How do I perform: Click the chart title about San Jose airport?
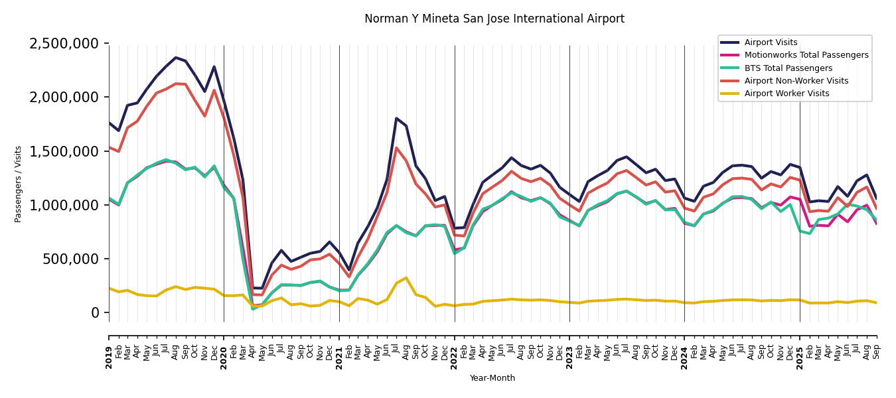pos(494,19)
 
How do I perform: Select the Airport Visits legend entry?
pos(771,42)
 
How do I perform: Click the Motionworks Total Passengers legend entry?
pos(806,55)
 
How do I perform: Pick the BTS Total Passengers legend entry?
pos(788,68)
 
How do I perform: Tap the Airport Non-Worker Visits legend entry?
pos(796,81)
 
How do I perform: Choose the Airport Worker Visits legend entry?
pos(786,94)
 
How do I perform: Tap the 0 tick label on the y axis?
pos(95,312)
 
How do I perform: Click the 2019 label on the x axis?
pos(109,348)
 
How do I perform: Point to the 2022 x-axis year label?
pos(455,348)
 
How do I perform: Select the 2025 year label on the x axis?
pos(800,348)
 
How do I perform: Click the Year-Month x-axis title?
pos(492,378)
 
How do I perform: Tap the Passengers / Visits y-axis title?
pos(19,184)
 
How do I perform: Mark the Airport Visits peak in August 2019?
pos(176,58)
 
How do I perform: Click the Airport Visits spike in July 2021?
pos(397,119)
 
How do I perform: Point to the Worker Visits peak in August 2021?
pos(406,278)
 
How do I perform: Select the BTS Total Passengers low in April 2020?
pos(253,308)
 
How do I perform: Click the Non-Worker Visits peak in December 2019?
pos(214,90)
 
